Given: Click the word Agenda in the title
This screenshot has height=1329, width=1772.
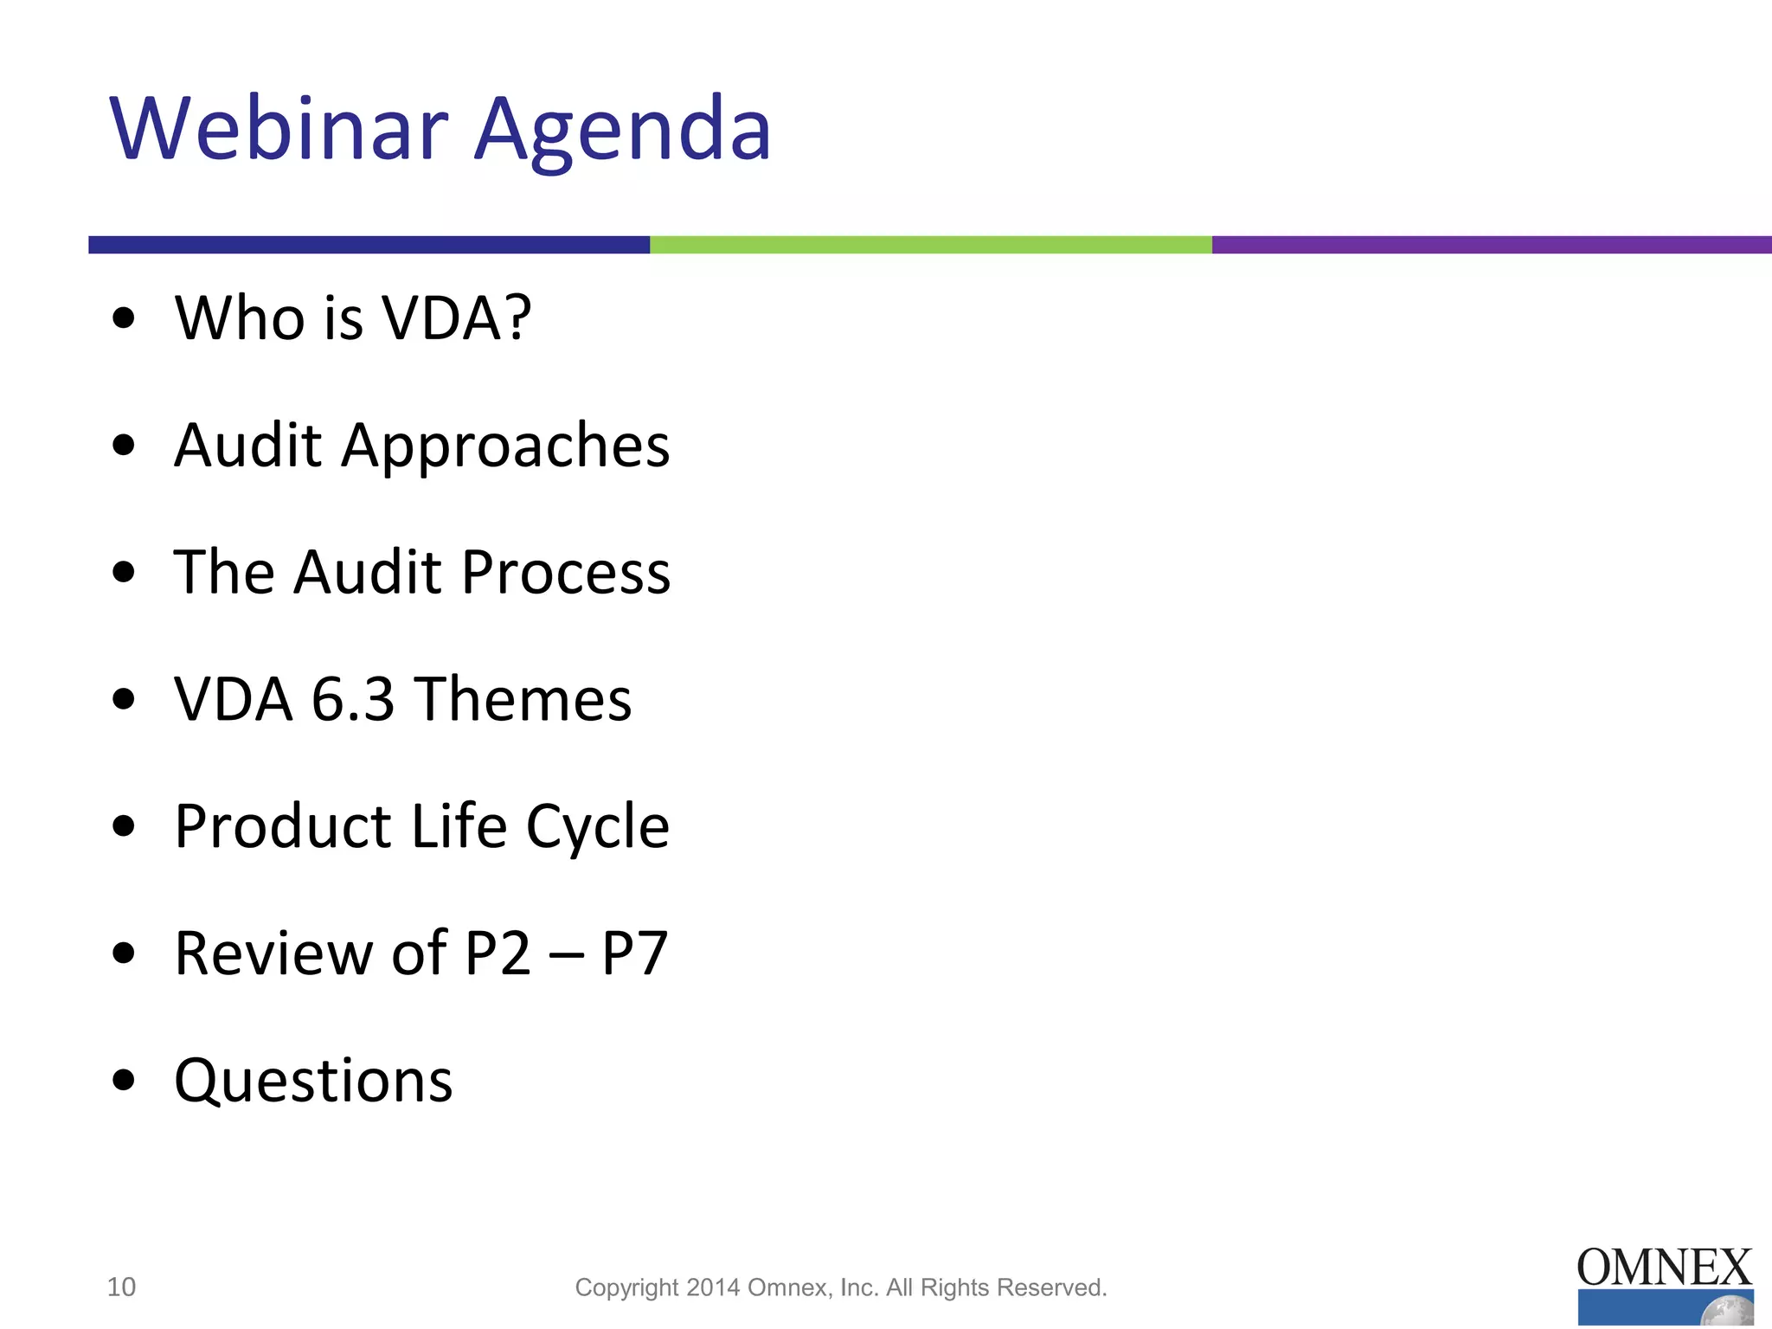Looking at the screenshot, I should [622, 130].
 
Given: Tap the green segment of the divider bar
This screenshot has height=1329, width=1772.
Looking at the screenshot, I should [930, 245].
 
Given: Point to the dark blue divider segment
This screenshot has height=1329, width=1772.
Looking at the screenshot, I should [369, 245].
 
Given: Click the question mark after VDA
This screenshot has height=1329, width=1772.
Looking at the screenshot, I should [516, 318].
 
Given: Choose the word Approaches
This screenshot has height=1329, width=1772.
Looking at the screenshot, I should [505, 446].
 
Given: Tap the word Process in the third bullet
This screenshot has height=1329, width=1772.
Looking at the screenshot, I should [566, 572].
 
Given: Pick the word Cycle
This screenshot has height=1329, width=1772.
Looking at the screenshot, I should [597, 827].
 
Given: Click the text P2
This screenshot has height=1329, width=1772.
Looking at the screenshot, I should [498, 953].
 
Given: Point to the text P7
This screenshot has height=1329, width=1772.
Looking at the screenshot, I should [634, 953].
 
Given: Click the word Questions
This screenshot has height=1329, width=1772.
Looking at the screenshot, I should [313, 1081].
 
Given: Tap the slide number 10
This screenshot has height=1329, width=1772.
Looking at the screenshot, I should [121, 1287].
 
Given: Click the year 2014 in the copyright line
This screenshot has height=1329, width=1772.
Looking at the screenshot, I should [714, 1287].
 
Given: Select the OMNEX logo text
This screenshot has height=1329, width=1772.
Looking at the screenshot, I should [1664, 1268].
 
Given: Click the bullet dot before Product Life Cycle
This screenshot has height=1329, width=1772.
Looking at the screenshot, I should [124, 826].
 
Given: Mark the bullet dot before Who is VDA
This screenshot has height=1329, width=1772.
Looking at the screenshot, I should [124, 318].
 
